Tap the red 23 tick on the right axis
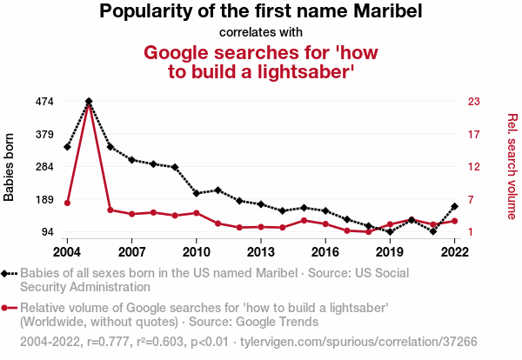[474, 101]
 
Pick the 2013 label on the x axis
[260, 252]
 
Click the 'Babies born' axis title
[10, 167]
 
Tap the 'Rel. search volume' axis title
[512, 167]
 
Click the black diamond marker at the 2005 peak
[89, 102]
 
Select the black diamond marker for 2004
[67, 146]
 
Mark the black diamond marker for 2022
[454, 206]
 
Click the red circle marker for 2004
[67, 203]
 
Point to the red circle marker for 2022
[454, 221]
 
